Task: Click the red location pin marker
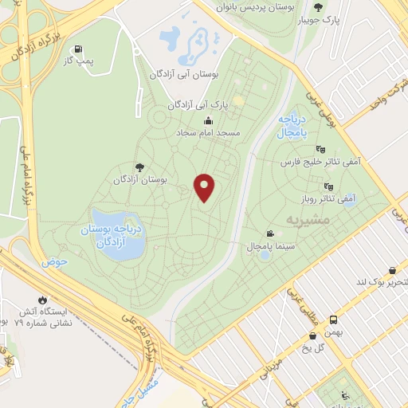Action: (x=205, y=187)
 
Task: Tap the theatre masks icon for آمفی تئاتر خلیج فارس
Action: (x=320, y=148)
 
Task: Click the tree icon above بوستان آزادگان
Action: (x=140, y=167)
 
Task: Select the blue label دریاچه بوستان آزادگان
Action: (x=112, y=236)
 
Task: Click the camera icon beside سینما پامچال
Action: (x=271, y=234)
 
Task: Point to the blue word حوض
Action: (x=54, y=261)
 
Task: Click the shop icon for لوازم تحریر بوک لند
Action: (x=391, y=271)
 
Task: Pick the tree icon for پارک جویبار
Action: (x=319, y=7)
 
